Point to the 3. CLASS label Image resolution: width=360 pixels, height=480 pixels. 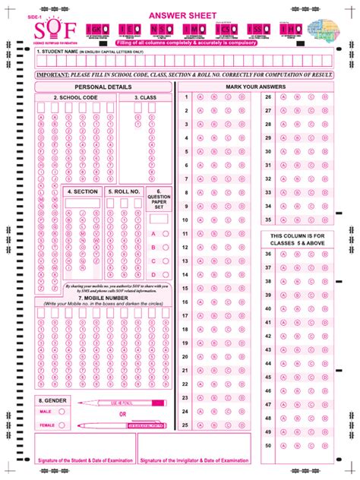[146, 98]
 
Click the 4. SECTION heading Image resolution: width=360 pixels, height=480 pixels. [83, 191]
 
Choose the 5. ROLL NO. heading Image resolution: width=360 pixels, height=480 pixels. [123, 191]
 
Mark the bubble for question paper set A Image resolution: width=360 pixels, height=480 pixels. [165, 233]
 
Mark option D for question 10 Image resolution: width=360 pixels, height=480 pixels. [241, 220]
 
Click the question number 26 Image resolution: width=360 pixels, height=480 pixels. [267, 97]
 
